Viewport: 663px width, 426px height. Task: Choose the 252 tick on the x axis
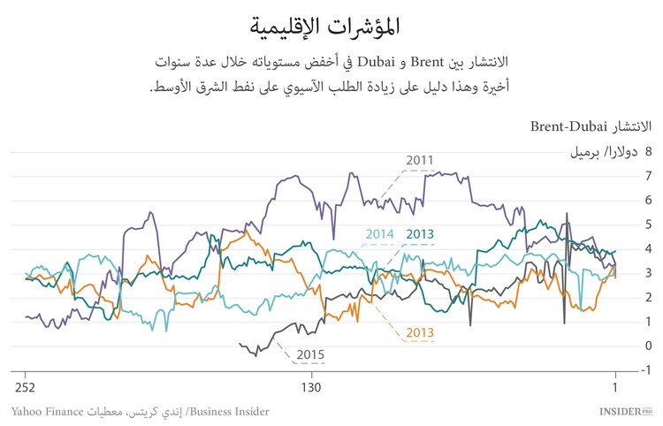25,388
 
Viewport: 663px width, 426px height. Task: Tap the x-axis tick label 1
614,388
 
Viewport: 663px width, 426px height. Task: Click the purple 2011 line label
420,160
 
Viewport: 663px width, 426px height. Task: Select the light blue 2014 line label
378,234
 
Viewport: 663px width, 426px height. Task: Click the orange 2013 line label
419,332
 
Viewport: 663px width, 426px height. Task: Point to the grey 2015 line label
309,355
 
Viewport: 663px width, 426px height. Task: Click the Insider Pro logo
624,412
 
